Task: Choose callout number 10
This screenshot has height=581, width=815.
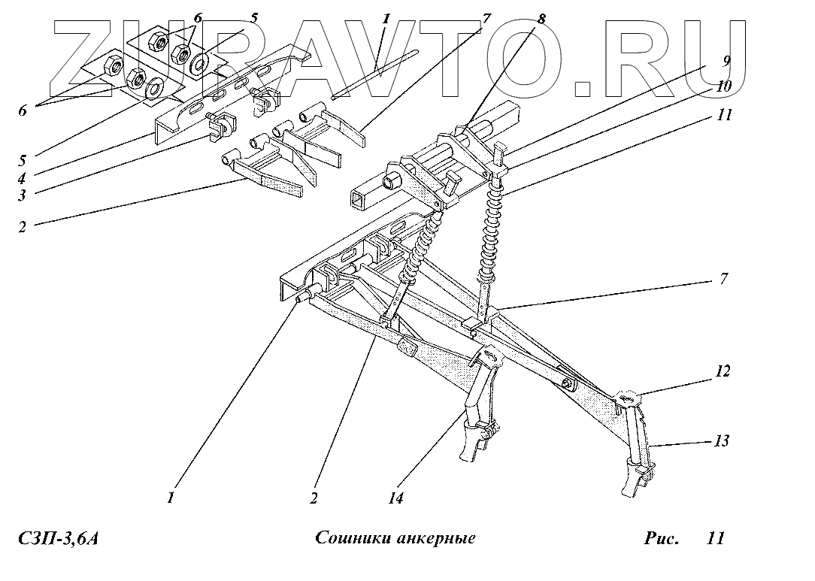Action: point(725,87)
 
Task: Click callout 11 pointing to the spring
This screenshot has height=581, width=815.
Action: point(725,116)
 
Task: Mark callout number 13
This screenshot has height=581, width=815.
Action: point(722,442)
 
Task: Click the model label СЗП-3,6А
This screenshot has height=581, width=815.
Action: point(58,539)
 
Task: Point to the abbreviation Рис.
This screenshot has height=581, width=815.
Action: point(662,539)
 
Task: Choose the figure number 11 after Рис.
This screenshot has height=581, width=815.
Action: point(715,539)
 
